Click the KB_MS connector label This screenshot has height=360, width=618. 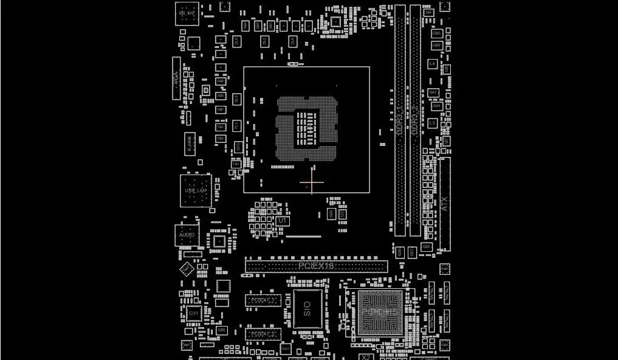click(187, 13)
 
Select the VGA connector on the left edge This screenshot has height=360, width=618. click(176, 78)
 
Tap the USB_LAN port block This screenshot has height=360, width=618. click(196, 191)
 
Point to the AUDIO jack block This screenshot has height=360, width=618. click(187, 235)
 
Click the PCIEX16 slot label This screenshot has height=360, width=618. click(316, 266)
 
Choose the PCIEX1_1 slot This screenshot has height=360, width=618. click(263, 300)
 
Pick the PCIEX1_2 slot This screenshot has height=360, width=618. click(263, 334)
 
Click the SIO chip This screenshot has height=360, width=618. click(307, 309)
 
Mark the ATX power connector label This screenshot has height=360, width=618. click(445, 204)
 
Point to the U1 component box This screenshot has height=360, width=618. click(282, 220)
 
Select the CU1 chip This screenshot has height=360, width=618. click(194, 313)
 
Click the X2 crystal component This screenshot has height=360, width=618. click(366, 357)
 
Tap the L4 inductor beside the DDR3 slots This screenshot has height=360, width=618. click(432, 64)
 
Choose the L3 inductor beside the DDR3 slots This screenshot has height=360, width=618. click(432, 123)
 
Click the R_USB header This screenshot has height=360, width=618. click(190, 144)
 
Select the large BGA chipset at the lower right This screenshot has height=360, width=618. click(380, 312)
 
